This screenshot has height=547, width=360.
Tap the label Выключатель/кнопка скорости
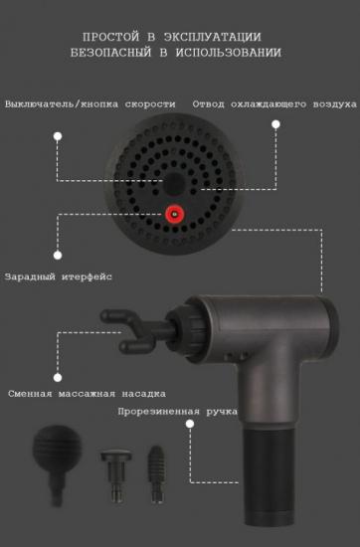[90, 103]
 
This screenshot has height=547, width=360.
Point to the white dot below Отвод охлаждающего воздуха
[275, 124]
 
